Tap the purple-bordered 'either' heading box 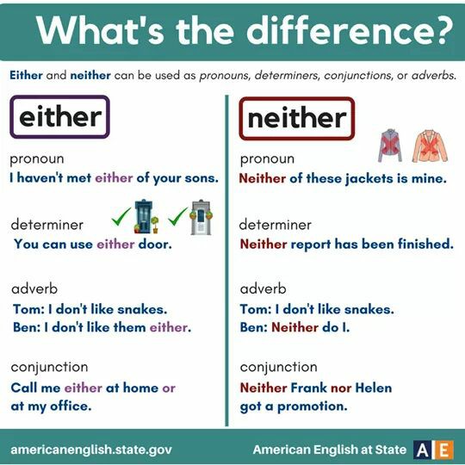click(x=59, y=117)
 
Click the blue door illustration click(x=145, y=219)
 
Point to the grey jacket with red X click(x=388, y=147)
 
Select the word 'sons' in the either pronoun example click(x=199, y=179)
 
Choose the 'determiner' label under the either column click(x=47, y=226)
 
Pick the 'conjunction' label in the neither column click(x=278, y=367)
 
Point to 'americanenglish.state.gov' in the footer click(x=91, y=449)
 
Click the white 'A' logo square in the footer click(x=423, y=449)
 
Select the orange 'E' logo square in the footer click(x=443, y=449)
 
